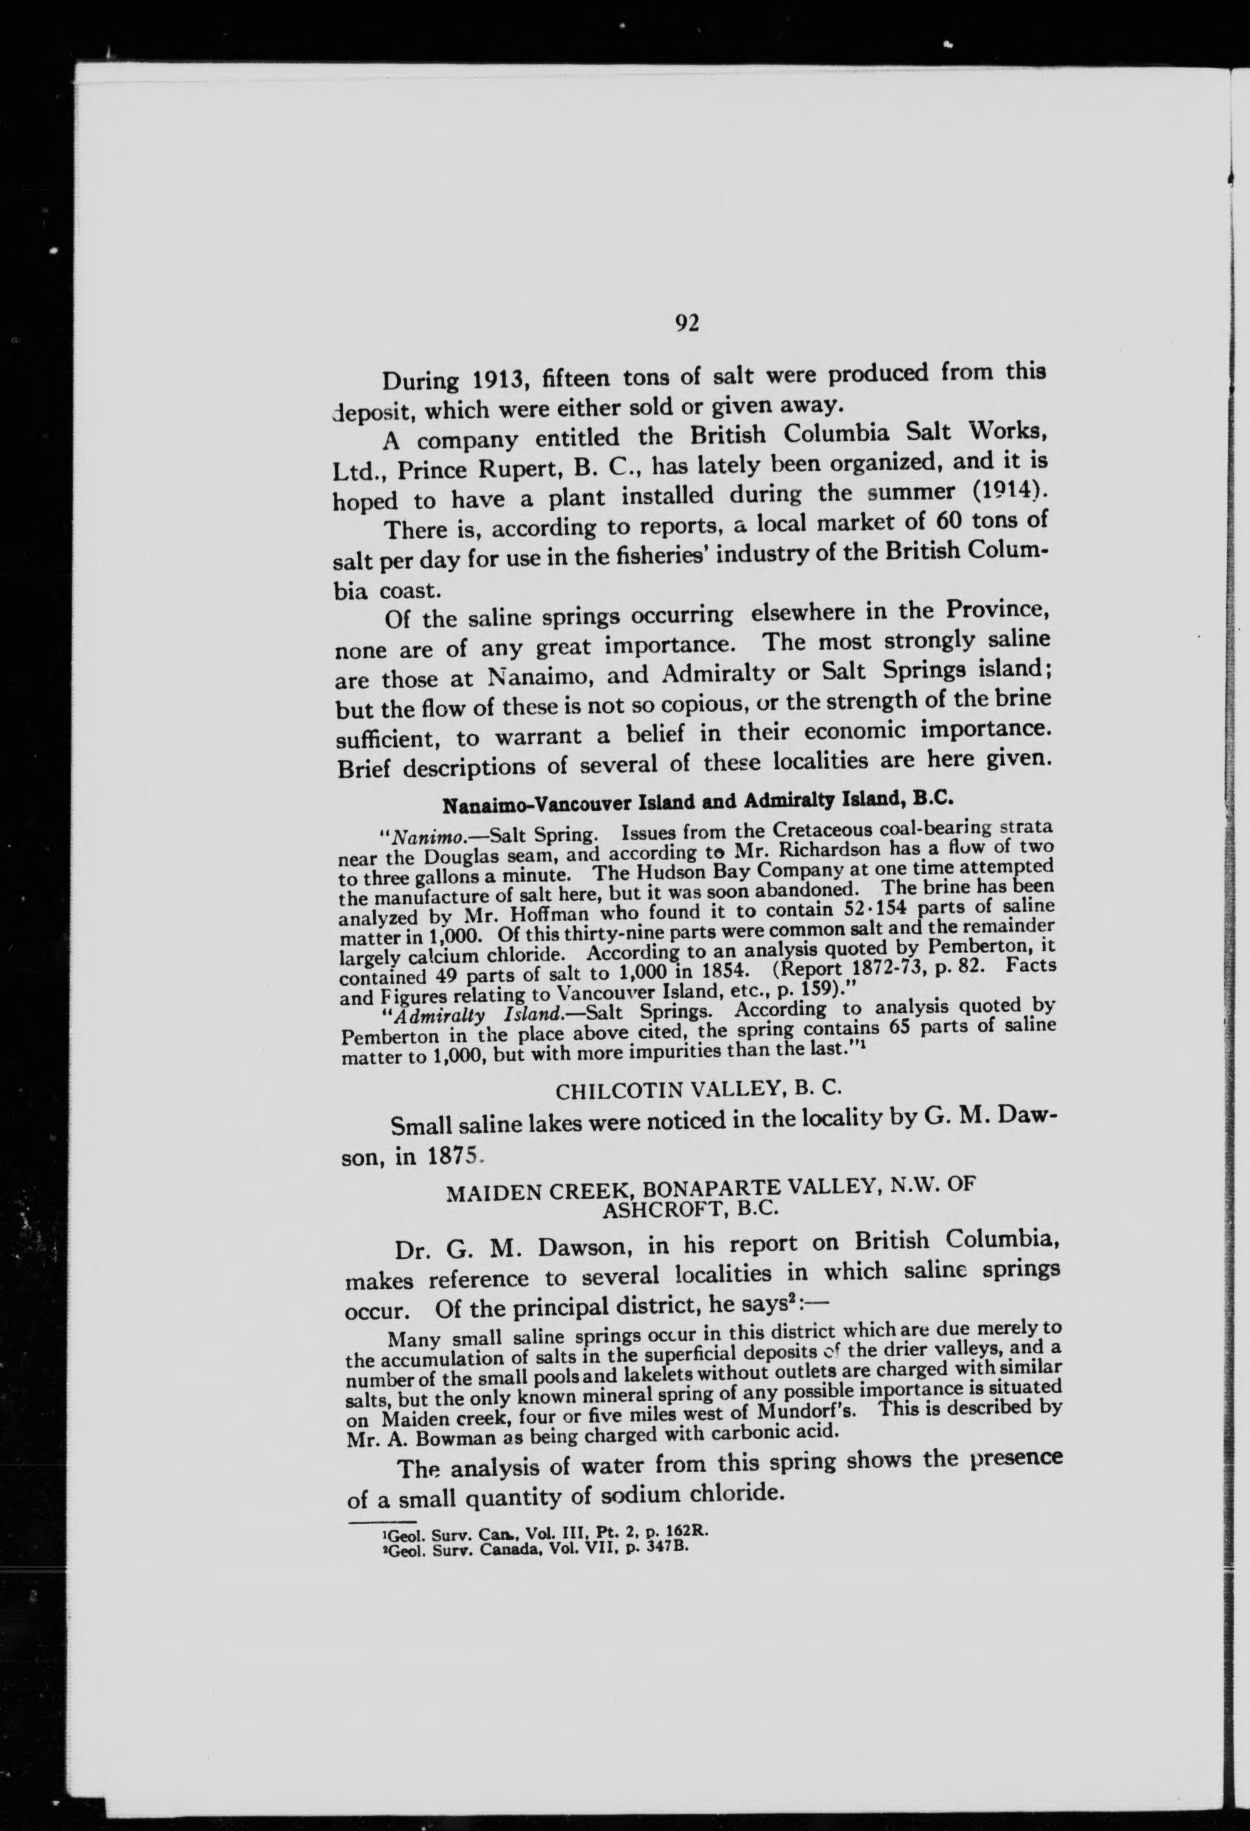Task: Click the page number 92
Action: point(686,323)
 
